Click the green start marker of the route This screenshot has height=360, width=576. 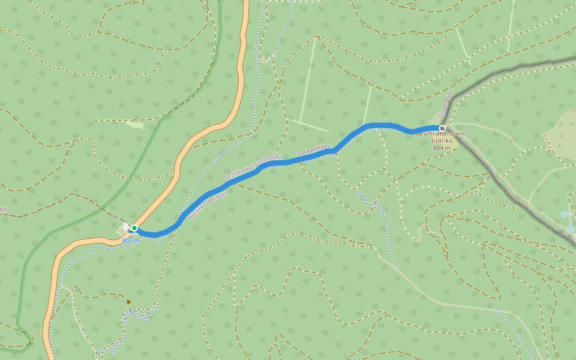[x=134, y=228]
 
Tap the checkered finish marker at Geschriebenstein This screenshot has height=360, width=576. [x=442, y=128]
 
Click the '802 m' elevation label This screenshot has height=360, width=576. [x=131, y=240]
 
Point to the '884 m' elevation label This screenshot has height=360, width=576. [x=442, y=147]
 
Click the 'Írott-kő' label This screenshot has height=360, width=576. [x=442, y=140]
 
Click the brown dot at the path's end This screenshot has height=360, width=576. [x=128, y=301]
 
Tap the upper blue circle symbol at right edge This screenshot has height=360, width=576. [x=563, y=214]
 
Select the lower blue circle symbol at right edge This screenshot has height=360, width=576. [x=570, y=229]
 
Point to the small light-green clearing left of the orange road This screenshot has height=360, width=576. [x=135, y=125]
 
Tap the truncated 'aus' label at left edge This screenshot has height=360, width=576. [x=3, y=209]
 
